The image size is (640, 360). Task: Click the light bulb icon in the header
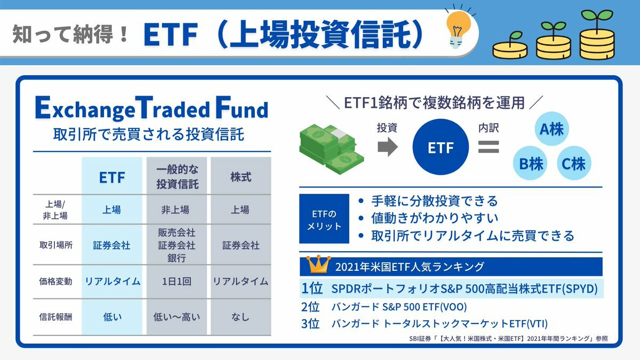click(458, 29)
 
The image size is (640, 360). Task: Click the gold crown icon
click(318, 264)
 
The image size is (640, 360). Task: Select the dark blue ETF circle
click(441, 147)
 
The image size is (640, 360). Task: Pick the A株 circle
click(551, 129)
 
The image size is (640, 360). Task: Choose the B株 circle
click(530, 163)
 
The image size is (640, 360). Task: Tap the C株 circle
click(574, 163)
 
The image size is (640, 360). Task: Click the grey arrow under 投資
click(388, 147)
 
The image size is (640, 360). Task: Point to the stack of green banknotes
click(331, 149)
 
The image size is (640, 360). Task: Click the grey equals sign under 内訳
click(489, 147)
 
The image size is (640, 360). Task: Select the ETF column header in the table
click(112, 178)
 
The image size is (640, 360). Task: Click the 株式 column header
click(241, 177)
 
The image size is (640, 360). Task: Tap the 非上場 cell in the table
click(175, 210)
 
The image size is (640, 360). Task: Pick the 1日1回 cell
click(177, 282)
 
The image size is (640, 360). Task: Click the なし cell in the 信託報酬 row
click(241, 317)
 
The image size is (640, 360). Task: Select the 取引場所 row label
click(56, 245)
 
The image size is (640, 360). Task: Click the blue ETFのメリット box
click(324, 219)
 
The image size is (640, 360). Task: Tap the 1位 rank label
click(312, 289)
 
